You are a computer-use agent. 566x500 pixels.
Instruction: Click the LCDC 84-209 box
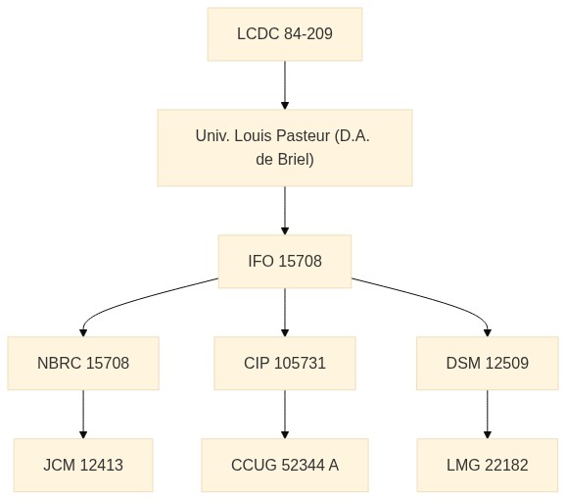(x=285, y=34)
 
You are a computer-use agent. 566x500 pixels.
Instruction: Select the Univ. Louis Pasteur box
(x=285, y=148)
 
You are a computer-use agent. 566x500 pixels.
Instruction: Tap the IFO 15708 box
(x=285, y=261)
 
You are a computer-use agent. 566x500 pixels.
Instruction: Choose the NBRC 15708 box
(x=83, y=363)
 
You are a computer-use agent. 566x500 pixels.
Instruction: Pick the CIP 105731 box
(x=285, y=363)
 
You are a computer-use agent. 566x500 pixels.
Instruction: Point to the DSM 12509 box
(x=488, y=363)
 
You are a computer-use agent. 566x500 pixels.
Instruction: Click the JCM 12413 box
(x=83, y=465)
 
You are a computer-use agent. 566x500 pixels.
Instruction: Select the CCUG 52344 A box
(x=285, y=465)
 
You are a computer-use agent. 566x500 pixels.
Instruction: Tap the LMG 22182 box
(x=488, y=465)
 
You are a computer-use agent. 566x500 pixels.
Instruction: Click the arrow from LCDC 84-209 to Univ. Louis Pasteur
(x=285, y=85)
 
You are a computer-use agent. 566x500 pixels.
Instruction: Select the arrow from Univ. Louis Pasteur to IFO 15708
(x=285, y=210)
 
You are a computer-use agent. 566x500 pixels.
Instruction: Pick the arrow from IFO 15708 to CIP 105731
(x=285, y=312)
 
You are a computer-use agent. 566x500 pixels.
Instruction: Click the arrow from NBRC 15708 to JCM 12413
(x=83, y=414)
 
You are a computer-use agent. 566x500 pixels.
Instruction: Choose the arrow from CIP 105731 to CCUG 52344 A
(x=285, y=414)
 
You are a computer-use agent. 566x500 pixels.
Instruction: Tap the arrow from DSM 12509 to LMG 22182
(x=488, y=414)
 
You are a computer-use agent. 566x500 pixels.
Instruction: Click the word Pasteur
(x=303, y=136)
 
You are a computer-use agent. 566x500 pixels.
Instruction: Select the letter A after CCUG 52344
(x=334, y=465)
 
